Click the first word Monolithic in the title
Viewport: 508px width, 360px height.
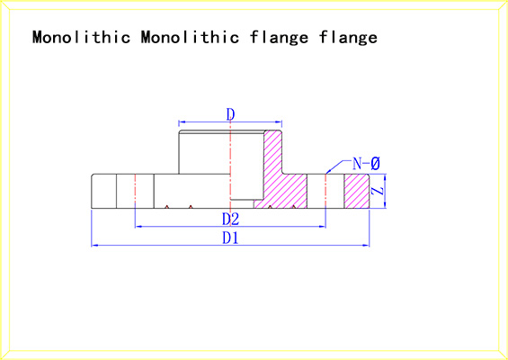81,37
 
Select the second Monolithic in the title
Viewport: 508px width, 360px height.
191,37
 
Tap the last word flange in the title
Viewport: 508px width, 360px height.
348,38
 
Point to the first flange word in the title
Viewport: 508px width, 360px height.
280,38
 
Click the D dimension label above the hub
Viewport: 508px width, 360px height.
230,114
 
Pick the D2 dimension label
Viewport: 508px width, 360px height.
230,220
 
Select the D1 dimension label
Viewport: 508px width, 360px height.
230,238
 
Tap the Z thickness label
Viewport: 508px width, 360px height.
377,191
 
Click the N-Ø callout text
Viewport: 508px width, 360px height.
366,164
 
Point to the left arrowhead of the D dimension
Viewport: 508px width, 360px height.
182,121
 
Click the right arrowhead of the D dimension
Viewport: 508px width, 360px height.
279,121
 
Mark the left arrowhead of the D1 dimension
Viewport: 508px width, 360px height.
94,246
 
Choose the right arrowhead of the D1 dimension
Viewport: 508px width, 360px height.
366,246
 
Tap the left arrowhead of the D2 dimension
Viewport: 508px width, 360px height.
138,227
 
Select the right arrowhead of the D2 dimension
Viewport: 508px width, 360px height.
323,227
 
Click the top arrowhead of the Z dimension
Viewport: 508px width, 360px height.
385,177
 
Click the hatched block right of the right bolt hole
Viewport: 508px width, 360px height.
356,191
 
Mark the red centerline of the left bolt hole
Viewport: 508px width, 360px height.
135,191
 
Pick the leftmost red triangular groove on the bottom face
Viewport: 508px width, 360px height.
166,207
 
